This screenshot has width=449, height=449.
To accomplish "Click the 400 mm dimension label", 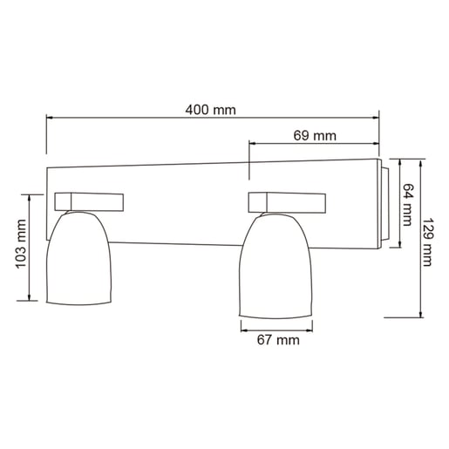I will click(211, 111).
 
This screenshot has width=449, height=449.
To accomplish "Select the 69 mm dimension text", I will click(314, 135).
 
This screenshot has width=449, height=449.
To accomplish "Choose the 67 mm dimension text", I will click(277, 341).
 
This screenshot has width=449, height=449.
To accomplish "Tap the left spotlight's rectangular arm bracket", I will click(90, 201).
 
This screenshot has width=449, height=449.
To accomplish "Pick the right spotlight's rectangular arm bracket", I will click(288, 201).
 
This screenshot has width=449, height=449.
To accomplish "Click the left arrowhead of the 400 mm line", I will click(50, 119).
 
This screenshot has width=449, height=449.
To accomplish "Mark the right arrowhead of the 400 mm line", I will click(377, 119).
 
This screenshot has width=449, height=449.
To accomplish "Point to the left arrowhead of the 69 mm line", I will click(253, 144).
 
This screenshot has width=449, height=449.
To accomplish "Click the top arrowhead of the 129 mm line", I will click(419, 162).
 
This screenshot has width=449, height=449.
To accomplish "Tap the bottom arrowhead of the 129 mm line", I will click(419, 316).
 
